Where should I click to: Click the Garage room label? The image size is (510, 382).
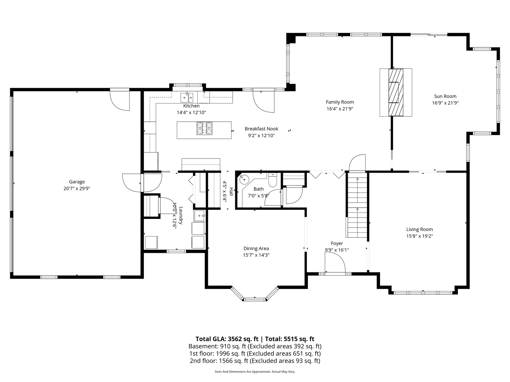[77, 182]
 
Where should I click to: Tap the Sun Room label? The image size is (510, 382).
[445, 96]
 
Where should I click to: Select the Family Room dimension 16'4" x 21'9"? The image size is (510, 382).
[340, 109]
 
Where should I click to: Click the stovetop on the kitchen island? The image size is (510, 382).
[205, 128]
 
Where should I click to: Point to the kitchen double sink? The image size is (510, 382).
[187, 97]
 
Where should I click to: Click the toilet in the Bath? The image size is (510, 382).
[273, 181]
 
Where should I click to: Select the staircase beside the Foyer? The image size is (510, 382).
[357, 205]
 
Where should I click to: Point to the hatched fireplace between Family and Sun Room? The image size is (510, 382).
[396, 92]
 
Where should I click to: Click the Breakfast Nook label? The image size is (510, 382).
[261, 129]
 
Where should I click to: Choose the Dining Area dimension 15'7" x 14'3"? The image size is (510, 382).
[256, 255]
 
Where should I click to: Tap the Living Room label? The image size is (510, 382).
[419, 229]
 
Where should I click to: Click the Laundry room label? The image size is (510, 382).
[180, 216]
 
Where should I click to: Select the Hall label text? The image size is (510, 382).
[231, 192]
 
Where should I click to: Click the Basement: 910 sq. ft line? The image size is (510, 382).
[255, 346]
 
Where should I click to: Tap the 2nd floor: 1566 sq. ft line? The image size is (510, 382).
[255, 361]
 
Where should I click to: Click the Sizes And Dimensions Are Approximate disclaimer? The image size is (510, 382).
[255, 372]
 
